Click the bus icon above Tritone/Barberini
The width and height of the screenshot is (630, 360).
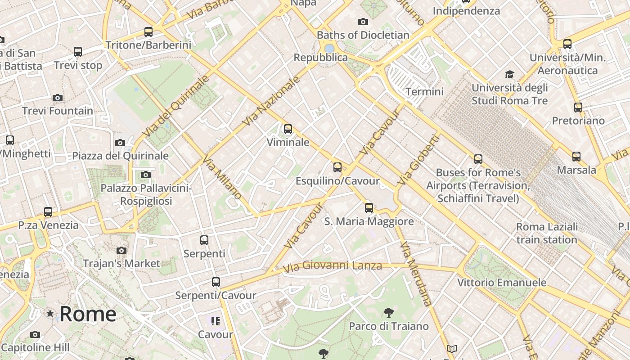click(x=148, y=32)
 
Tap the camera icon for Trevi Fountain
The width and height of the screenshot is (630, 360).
click(x=57, y=98)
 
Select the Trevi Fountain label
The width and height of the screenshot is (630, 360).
click(x=58, y=111)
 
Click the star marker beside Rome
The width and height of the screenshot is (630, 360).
click(x=50, y=313)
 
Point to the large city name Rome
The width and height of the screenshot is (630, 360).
click(x=88, y=314)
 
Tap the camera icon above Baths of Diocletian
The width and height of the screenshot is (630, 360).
click(x=363, y=22)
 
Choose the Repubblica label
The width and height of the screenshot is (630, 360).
click(x=320, y=58)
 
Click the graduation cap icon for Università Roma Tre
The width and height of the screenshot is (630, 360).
click(x=509, y=74)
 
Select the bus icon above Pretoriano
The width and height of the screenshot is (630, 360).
click(x=578, y=108)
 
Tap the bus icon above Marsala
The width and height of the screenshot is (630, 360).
click(x=576, y=157)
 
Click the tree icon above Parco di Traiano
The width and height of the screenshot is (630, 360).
click(x=388, y=312)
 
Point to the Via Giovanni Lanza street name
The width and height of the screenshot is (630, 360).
click(x=333, y=266)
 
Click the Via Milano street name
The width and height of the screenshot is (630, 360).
click(x=222, y=178)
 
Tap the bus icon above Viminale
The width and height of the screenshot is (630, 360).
click(x=288, y=129)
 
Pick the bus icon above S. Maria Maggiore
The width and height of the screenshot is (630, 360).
click(x=369, y=208)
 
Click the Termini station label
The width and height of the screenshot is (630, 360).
click(x=424, y=92)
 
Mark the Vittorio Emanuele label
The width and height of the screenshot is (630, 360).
click(x=502, y=283)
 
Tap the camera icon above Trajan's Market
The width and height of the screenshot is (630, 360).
click(x=121, y=250)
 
